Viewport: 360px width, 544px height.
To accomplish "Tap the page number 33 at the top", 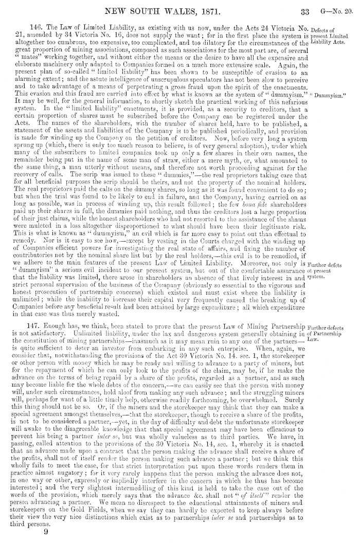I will (x=301, y=9).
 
